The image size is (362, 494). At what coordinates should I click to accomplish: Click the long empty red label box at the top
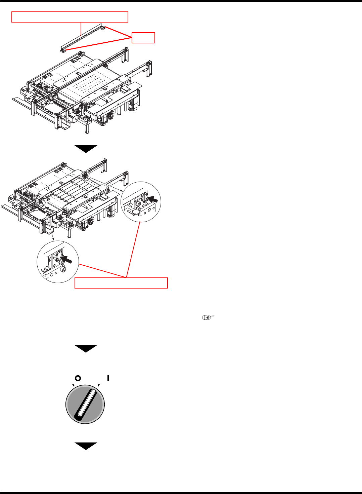70,17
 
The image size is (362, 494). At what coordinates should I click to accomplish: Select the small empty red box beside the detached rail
143,38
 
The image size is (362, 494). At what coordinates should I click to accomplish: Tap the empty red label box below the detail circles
121,283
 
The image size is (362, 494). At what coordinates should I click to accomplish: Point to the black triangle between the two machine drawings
86,149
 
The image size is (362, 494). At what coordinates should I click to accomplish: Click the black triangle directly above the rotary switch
86,348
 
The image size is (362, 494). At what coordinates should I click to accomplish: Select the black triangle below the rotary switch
86,446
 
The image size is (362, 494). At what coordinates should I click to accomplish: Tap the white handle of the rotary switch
86,404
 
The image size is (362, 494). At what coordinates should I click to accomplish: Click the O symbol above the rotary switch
78,378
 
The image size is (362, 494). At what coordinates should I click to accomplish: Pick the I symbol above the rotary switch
108,378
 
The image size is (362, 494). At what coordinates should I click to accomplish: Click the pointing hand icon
208,317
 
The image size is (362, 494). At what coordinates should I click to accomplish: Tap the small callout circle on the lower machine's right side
85,175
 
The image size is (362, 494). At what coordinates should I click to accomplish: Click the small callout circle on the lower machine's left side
42,200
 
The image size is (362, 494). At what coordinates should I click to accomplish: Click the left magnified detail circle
57,262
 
